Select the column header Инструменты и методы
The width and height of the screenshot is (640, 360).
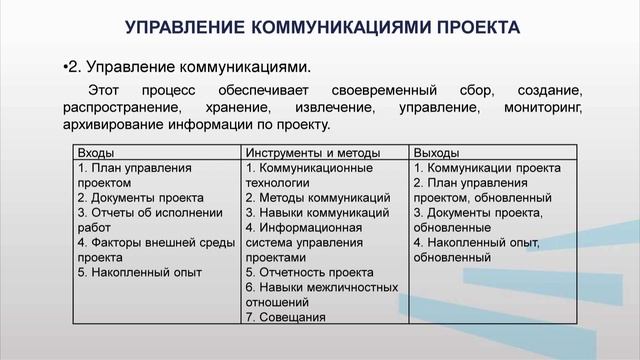313,153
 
